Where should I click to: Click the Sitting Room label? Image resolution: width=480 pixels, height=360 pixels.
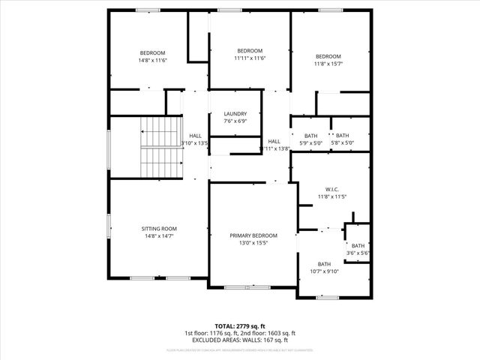point(159,228)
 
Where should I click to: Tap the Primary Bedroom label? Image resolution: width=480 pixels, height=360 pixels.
point(253,235)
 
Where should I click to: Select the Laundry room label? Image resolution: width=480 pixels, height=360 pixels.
point(235,113)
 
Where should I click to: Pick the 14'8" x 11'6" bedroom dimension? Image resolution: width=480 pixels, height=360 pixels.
point(152,60)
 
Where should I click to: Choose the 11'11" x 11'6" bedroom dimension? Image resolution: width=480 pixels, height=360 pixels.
point(250,58)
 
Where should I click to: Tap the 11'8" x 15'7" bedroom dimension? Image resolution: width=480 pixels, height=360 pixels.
point(328,64)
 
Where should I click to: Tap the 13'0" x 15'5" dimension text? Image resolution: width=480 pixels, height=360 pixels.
point(253,243)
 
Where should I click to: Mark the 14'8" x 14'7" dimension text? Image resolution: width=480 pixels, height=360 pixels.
point(159,236)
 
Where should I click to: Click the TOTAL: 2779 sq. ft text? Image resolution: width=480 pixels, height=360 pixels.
point(239,326)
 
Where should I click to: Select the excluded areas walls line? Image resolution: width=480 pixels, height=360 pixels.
point(239,340)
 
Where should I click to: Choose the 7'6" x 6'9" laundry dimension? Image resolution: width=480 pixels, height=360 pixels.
point(235,121)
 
